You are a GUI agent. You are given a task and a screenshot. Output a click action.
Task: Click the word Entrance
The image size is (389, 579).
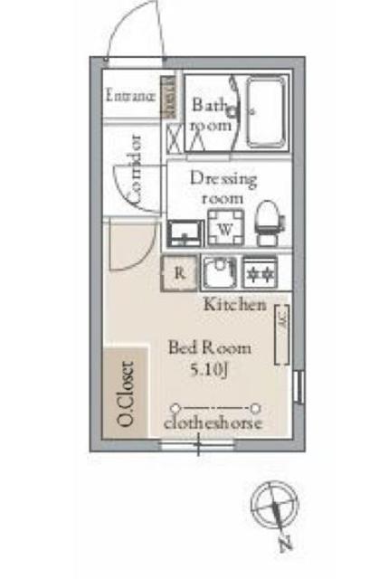131,94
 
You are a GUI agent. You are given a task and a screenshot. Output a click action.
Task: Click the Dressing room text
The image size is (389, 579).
223,187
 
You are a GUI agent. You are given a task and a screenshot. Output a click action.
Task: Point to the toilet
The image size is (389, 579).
267,223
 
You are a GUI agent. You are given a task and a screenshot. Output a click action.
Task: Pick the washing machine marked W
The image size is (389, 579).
223,228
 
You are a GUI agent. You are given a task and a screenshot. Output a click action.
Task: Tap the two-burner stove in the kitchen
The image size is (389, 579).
260,269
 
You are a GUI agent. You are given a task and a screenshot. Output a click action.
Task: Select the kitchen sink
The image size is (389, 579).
218,271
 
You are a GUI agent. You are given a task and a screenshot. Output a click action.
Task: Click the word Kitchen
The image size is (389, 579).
233,304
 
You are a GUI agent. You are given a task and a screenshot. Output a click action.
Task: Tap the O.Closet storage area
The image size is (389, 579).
126,395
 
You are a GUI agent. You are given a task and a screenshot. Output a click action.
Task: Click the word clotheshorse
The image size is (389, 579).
213,423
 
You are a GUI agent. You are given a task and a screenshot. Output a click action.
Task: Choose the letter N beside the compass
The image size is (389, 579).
284,545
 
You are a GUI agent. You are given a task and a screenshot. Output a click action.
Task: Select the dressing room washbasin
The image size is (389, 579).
185,233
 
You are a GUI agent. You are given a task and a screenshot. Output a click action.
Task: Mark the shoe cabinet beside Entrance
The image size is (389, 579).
168,96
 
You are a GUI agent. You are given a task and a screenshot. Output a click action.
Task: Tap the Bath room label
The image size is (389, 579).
212,115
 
